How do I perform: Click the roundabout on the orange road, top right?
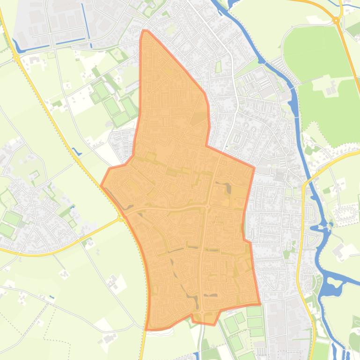tap(336, 20)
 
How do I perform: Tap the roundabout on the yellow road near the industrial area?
tap(16, 58)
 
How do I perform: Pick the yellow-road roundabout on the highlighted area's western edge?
tap(121, 218)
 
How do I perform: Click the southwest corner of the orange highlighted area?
tap(147, 329)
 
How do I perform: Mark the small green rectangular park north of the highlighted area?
tap(218, 67)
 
